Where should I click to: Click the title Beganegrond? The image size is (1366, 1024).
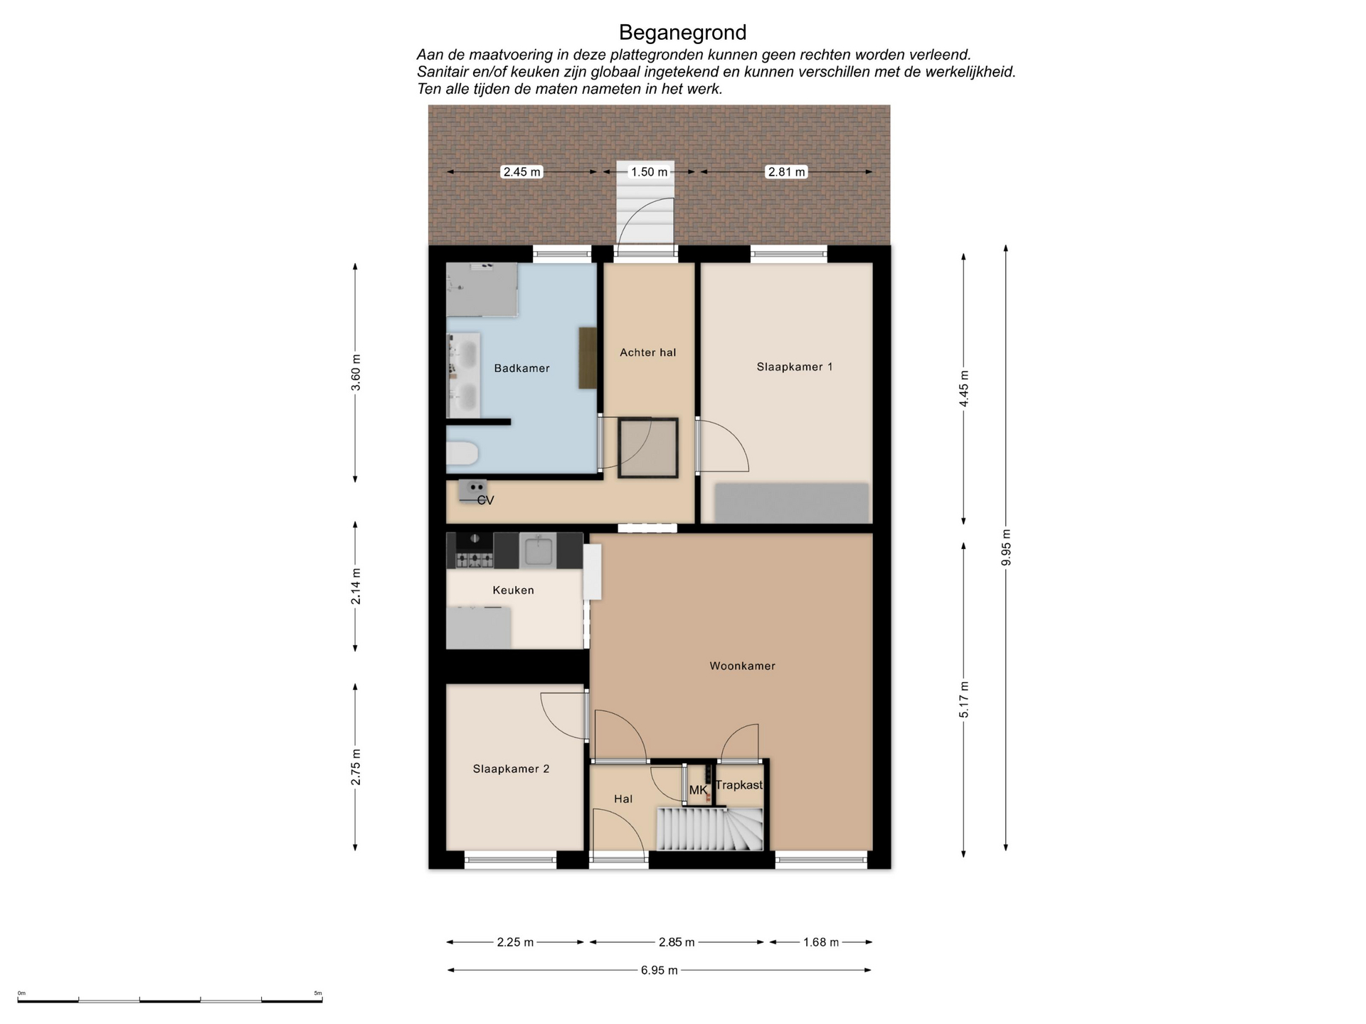682,33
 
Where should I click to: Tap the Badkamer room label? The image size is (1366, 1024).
521,368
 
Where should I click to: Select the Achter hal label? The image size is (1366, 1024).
647,352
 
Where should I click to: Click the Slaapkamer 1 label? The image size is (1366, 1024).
794,367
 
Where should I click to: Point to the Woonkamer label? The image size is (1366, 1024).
742,666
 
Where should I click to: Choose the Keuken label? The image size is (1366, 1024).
513,590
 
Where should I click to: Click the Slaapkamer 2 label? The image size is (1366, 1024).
511,769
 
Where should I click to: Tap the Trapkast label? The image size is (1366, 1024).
738,785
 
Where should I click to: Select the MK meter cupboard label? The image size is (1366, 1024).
698,790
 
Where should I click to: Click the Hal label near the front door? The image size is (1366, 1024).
623,799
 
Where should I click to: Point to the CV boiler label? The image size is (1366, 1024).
485,501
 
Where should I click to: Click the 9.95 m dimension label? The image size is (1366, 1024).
1005,548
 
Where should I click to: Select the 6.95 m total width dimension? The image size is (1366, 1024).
659,970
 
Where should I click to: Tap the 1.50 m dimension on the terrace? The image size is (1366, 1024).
649,172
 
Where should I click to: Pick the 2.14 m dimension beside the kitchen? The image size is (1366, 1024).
356,587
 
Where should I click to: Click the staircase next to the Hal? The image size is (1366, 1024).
709,828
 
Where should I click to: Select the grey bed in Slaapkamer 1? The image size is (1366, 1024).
792,503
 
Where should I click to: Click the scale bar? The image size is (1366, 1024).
170,1000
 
